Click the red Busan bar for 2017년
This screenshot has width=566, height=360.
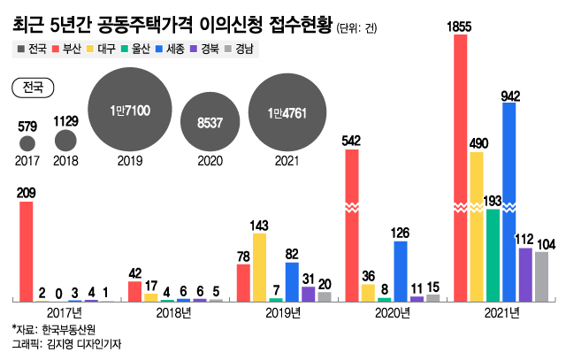[27, 251]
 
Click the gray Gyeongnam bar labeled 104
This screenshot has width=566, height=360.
[540, 276]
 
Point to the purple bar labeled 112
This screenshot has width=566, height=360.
[524, 274]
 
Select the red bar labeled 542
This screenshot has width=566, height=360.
[352, 225]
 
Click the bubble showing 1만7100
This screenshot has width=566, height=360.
[130, 111]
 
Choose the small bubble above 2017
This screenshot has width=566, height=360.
[27, 142]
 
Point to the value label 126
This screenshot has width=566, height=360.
[400, 233]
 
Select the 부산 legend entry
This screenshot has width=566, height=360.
[68, 49]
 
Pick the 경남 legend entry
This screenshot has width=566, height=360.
[241, 49]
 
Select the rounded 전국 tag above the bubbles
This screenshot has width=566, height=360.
[33, 87]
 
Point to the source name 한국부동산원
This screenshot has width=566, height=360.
[68, 329]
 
